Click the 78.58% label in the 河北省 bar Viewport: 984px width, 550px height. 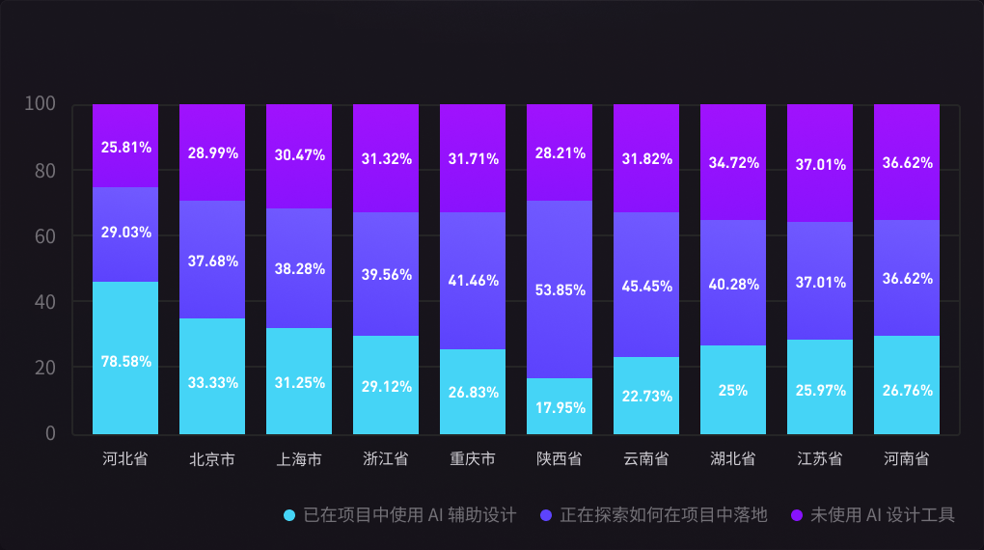pos(125,362)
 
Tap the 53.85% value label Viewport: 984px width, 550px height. pos(560,289)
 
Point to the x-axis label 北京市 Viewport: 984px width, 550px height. pos(212,459)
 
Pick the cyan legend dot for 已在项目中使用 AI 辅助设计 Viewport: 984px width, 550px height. pos(289,515)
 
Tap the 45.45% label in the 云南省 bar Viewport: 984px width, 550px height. pos(646,286)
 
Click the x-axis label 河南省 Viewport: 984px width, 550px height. pos(907,459)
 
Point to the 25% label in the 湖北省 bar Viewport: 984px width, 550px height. pos(733,391)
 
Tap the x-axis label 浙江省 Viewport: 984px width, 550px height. pos(386,459)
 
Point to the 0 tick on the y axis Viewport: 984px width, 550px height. pos(50,433)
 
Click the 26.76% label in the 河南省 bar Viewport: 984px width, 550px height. pos(907,391)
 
